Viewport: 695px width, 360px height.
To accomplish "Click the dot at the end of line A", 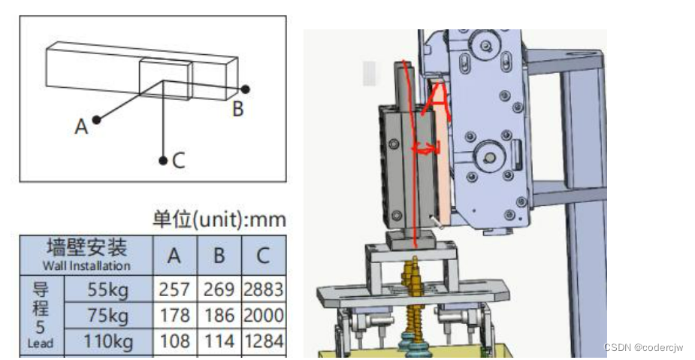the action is click(96, 119).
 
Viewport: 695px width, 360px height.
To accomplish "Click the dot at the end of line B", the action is click(245, 89).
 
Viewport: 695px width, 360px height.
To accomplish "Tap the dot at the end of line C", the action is click(163, 161).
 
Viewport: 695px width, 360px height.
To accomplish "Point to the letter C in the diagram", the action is click(178, 161).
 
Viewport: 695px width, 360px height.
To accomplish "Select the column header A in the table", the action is click(174, 256).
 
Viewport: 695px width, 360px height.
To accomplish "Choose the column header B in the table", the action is click(219, 256).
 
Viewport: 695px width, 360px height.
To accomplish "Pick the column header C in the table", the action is click(263, 256).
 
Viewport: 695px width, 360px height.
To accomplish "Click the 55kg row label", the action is click(108, 289).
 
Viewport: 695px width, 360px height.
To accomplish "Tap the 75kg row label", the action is click(108, 316).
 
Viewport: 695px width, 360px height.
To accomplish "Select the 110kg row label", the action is click(108, 341).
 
